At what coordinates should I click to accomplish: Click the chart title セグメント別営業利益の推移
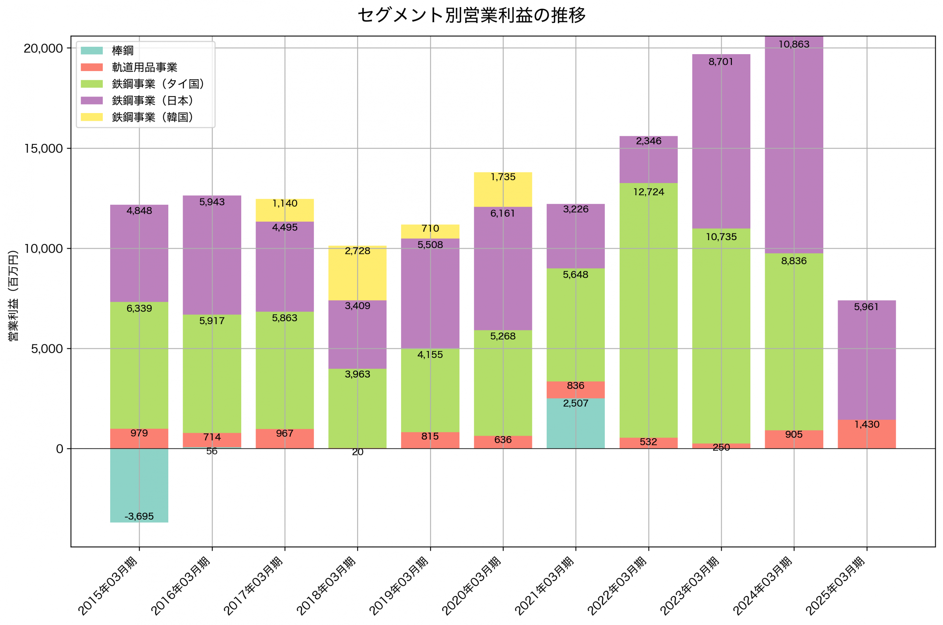(x=471, y=15)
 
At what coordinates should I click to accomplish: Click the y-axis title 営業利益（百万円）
(x=13, y=295)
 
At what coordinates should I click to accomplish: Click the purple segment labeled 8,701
(x=721, y=141)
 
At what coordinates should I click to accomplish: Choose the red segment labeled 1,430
(x=867, y=435)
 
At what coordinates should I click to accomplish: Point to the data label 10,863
(x=794, y=44)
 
